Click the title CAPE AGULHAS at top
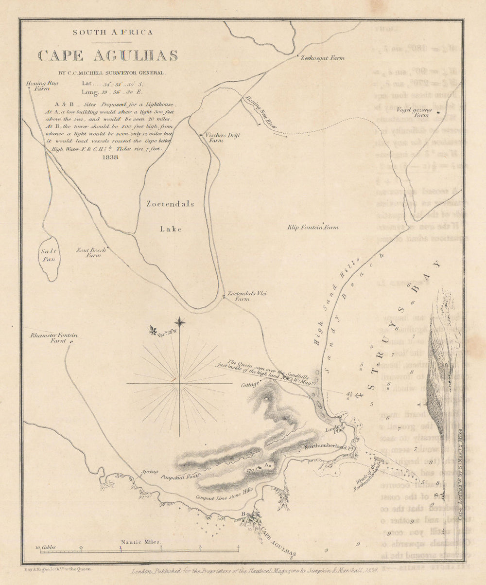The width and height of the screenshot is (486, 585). (x=108, y=55)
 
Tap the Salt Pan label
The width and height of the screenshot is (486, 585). (x=50, y=255)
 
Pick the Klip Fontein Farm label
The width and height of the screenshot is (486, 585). (x=312, y=227)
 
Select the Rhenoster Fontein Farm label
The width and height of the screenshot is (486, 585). (x=47, y=338)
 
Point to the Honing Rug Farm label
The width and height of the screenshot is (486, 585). (x=42, y=86)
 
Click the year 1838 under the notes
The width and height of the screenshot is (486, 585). (x=111, y=157)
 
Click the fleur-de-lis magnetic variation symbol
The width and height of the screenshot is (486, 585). (x=154, y=331)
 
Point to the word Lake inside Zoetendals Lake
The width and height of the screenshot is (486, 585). (x=171, y=229)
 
